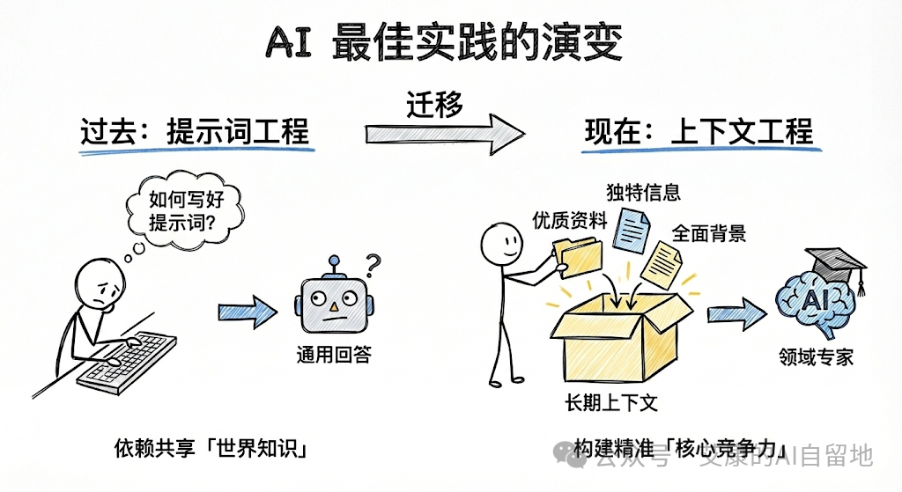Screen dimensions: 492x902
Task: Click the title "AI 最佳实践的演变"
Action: (444, 42)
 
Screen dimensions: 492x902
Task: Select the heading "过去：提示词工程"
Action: (195, 132)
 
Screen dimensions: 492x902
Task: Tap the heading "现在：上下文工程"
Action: (699, 132)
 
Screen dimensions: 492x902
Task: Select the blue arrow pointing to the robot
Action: (247, 310)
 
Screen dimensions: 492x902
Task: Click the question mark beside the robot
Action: (373, 263)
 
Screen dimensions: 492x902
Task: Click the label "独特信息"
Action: (643, 192)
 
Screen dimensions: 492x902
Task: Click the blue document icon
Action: (632, 228)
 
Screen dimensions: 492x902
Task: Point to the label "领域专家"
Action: (816, 357)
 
